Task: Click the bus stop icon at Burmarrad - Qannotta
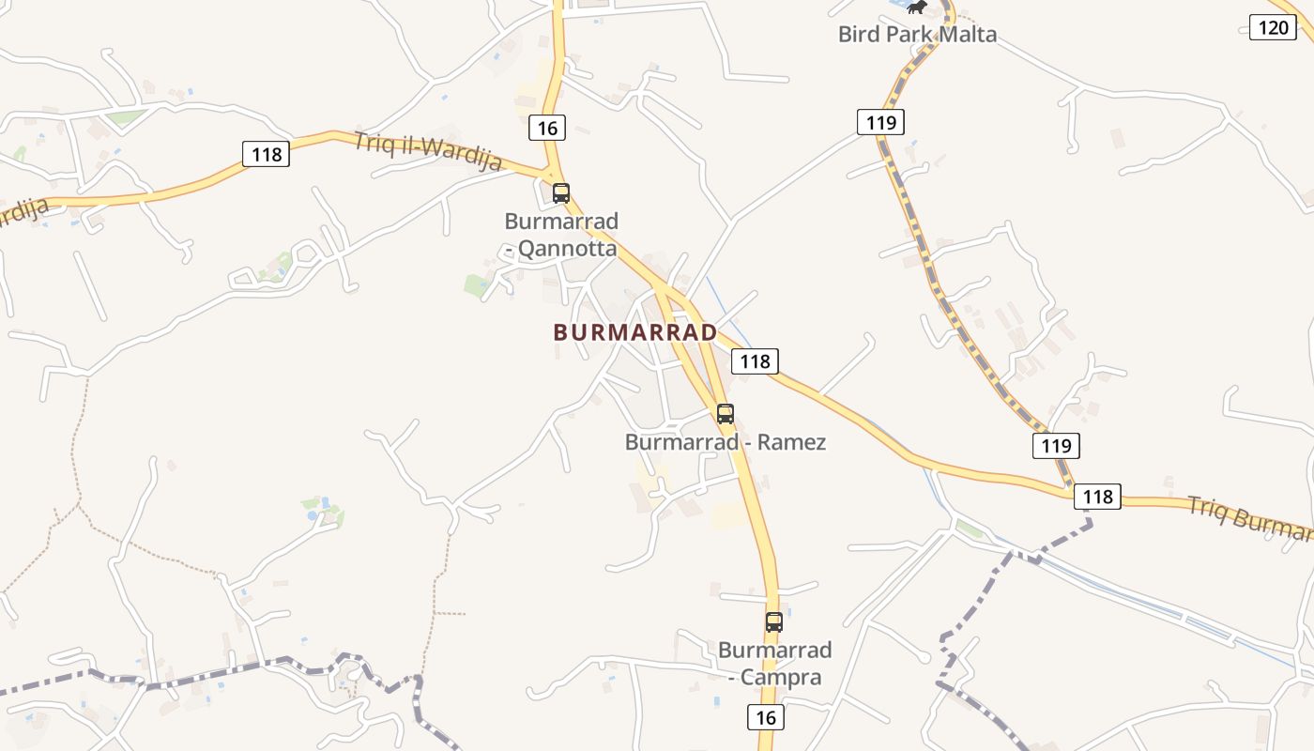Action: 561,193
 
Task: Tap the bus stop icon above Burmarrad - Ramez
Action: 726,413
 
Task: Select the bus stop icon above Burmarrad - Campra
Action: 773,621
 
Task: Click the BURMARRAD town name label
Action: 635,332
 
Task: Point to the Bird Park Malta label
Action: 917,35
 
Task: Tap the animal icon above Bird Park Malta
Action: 917,8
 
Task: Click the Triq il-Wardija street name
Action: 428,152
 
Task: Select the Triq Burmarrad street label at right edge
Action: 1250,517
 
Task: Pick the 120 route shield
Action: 1273,26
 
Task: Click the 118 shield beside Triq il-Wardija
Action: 267,154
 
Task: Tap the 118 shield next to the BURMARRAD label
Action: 755,360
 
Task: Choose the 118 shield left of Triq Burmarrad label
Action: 1097,497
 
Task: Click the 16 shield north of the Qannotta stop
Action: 548,127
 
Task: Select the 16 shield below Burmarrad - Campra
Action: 766,717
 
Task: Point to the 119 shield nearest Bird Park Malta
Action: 880,121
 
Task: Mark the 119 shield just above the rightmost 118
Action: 1056,445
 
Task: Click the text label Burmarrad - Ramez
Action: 726,441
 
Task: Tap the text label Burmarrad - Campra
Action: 775,663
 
